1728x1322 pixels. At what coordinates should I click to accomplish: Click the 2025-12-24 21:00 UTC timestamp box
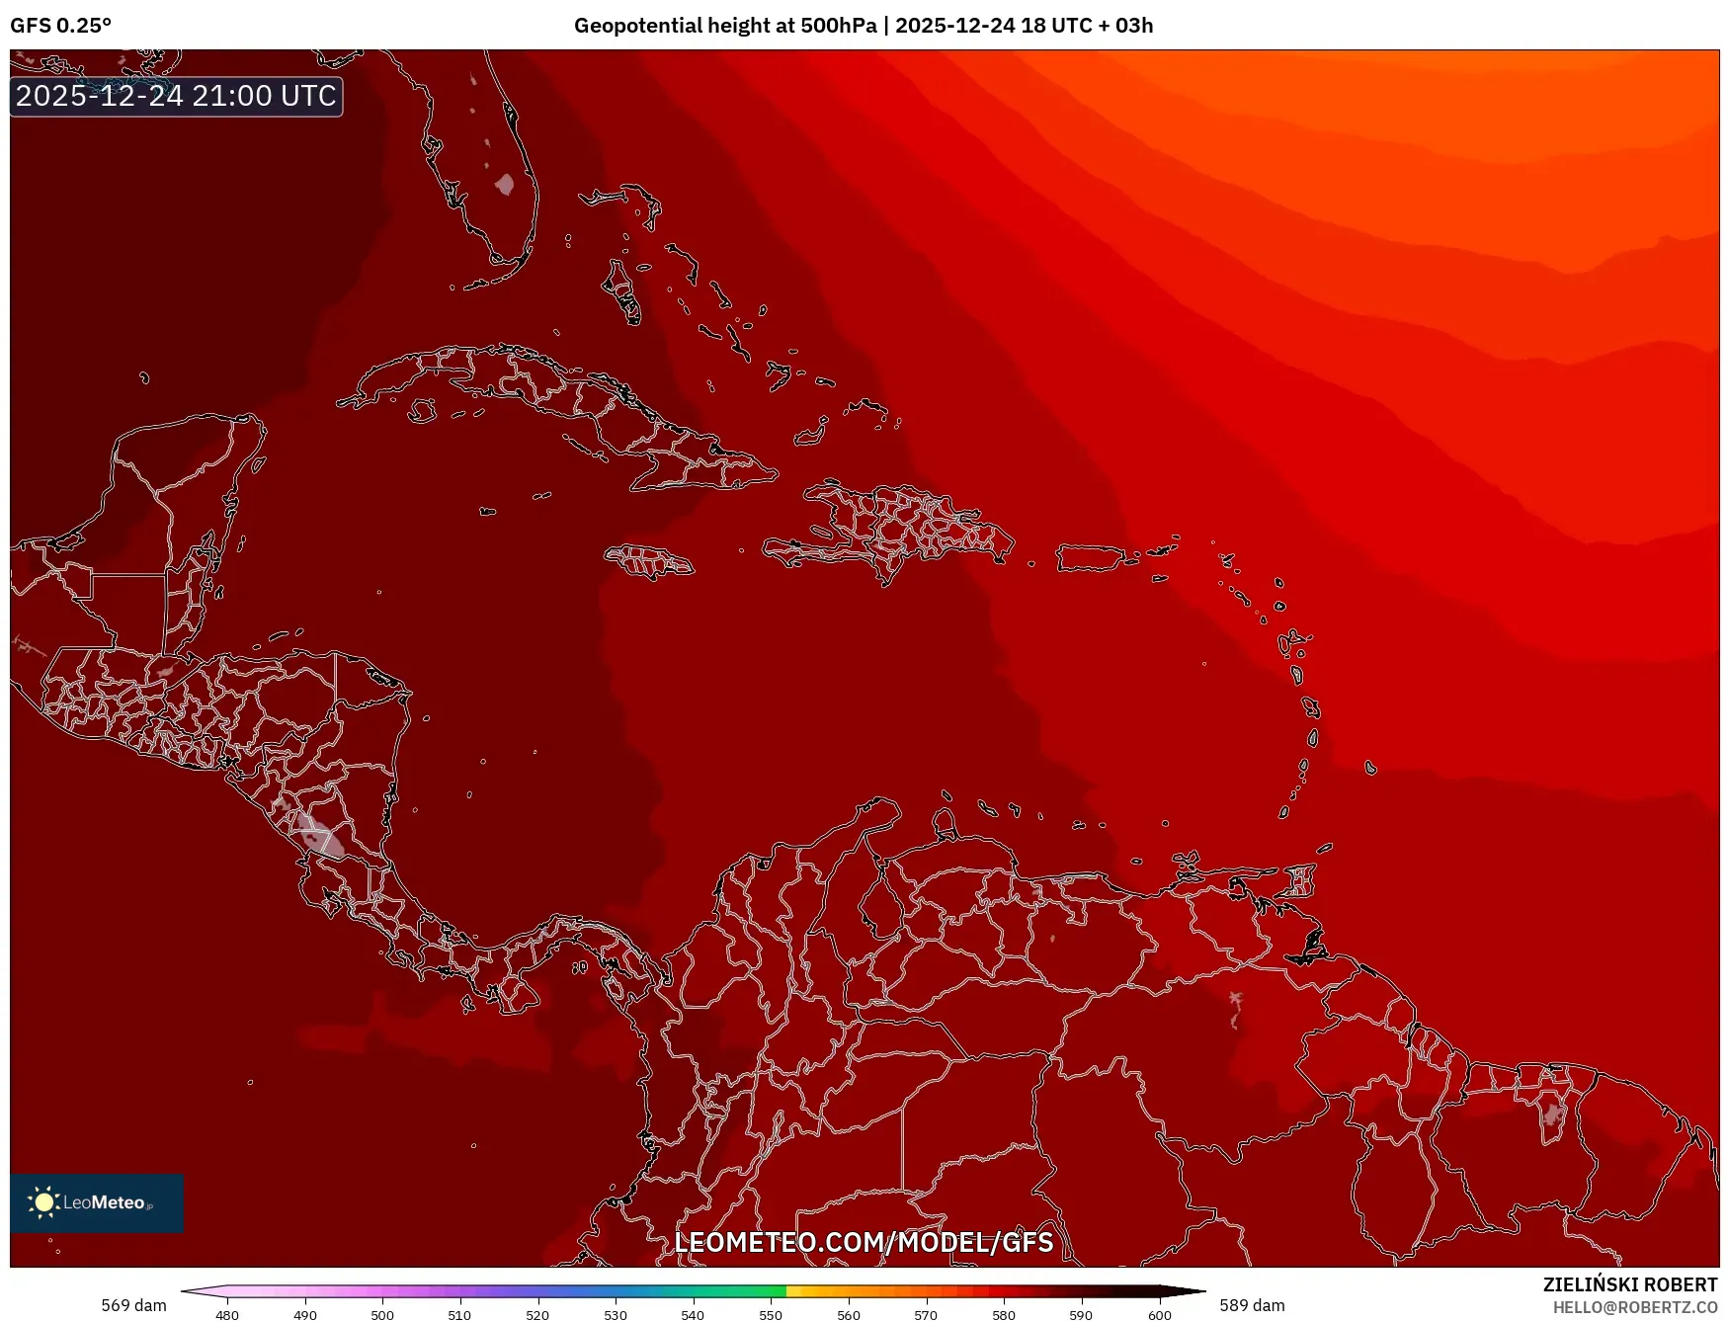(176, 96)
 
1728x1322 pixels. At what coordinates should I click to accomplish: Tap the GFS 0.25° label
(60, 26)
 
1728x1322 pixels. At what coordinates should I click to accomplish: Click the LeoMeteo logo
(96, 1202)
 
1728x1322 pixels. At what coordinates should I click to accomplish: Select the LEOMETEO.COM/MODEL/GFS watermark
(864, 1242)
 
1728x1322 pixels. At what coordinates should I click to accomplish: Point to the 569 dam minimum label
(133, 1305)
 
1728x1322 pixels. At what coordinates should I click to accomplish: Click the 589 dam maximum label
(1252, 1305)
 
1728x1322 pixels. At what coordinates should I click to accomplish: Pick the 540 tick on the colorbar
(693, 1314)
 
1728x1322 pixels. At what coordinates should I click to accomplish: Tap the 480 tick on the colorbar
(227, 1314)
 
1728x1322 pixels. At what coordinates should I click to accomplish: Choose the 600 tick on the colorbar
(1160, 1314)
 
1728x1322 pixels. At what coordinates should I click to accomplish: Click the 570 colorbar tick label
(926, 1314)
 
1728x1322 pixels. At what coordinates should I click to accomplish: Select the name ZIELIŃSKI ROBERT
(1630, 1284)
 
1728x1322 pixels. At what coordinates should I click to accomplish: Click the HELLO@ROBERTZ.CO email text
(1634, 1307)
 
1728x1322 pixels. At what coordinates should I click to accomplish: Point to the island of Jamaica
(649, 561)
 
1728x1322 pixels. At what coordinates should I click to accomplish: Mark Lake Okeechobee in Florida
(505, 184)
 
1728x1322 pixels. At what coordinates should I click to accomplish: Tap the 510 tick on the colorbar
(459, 1314)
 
